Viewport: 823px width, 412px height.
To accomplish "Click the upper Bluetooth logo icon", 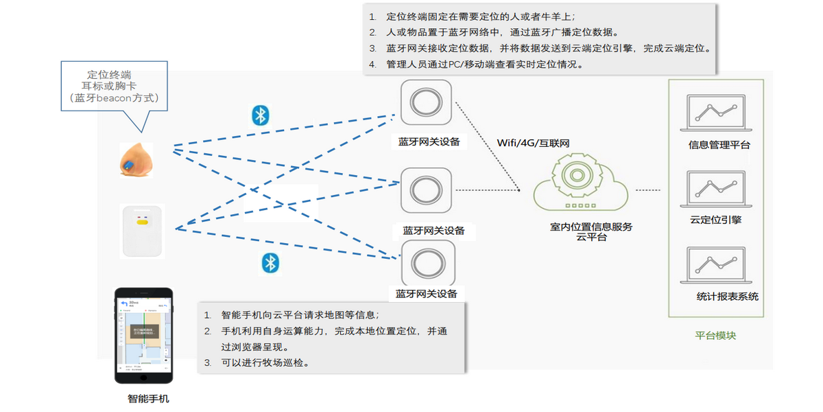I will point(259,115).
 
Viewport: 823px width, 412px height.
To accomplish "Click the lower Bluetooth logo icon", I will point(271,262).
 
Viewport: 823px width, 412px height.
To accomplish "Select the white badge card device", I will point(143,231).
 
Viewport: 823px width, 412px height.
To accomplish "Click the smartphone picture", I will point(143,335).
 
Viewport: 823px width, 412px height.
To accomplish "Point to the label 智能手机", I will point(148,399).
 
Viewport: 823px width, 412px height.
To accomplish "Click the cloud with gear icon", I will point(580,182).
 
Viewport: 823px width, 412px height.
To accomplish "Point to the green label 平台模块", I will point(715,336).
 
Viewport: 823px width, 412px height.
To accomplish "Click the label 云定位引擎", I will point(715,220).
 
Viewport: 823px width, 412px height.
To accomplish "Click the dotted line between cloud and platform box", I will point(647,190).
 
